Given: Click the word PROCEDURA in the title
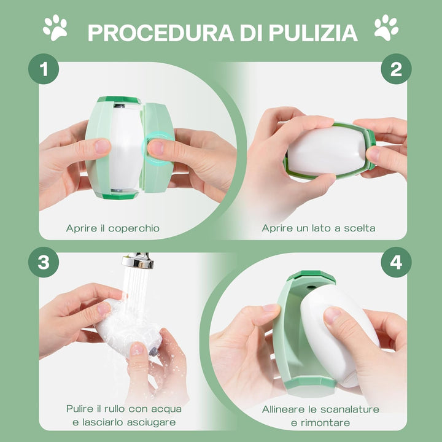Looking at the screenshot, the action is pyautogui.click(x=161, y=33).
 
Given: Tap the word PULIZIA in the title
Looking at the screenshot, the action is pyautogui.click(x=313, y=33).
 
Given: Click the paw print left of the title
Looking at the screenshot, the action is pyautogui.click(x=55, y=28).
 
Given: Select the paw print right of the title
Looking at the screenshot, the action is pyautogui.click(x=386, y=28).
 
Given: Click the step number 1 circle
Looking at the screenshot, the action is pyautogui.click(x=44, y=69).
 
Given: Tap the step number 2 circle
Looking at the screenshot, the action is pyautogui.click(x=396, y=69).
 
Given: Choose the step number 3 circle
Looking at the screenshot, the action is pyautogui.click(x=44, y=262).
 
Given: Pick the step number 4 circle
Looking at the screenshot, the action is pyautogui.click(x=396, y=262).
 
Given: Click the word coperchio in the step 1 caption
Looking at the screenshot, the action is pyautogui.click(x=134, y=228).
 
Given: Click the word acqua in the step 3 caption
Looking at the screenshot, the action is pyautogui.click(x=166, y=409).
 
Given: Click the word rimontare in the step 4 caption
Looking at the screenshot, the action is pyautogui.click(x=325, y=423).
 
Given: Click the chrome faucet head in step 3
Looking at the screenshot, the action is pyautogui.click(x=138, y=260).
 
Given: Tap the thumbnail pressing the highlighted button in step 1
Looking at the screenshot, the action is pyautogui.click(x=157, y=148).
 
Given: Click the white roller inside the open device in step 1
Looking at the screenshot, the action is pyautogui.click(x=125, y=148).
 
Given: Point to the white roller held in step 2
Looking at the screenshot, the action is pyautogui.click(x=327, y=150).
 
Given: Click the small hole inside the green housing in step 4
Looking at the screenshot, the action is pyautogui.click(x=311, y=287).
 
